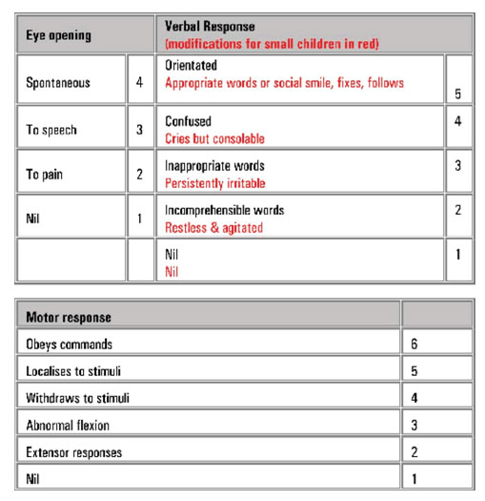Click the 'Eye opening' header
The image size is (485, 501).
coord(58,35)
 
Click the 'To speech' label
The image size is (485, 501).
coord(51,130)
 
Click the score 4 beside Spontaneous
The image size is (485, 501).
coord(139,83)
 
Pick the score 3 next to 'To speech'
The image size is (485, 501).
coord(139,130)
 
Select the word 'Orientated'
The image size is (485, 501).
coord(192,67)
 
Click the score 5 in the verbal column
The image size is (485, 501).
coord(458,94)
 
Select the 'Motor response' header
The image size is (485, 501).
coord(68,316)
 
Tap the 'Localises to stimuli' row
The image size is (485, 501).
coord(73,370)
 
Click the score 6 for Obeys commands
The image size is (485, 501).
coord(413,344)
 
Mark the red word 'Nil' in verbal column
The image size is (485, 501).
coord(173,272)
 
